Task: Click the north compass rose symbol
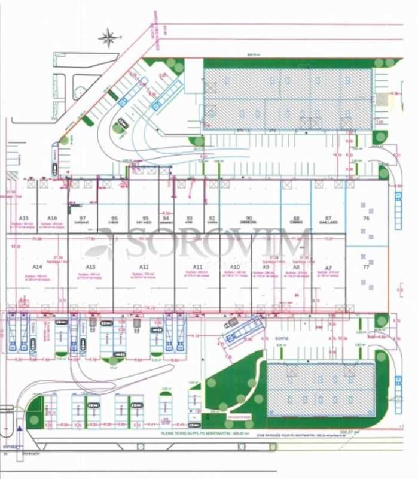108,38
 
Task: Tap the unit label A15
24,218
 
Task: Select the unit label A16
52,218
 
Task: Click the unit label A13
91,266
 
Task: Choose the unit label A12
144,266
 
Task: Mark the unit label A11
198,266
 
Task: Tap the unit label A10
235,266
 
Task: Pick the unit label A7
327,266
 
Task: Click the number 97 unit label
83,218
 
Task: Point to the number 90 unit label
249,218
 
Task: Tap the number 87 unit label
328,218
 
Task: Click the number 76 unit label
366,219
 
